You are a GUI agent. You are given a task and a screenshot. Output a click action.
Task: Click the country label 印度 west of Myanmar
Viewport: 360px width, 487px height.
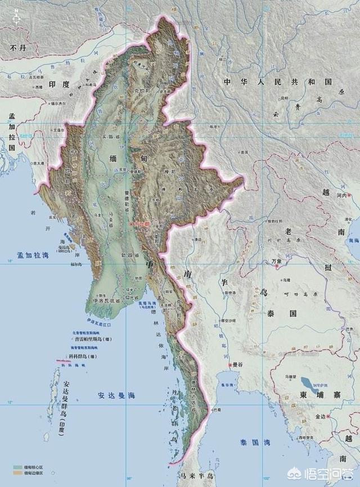tap(59, 85)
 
